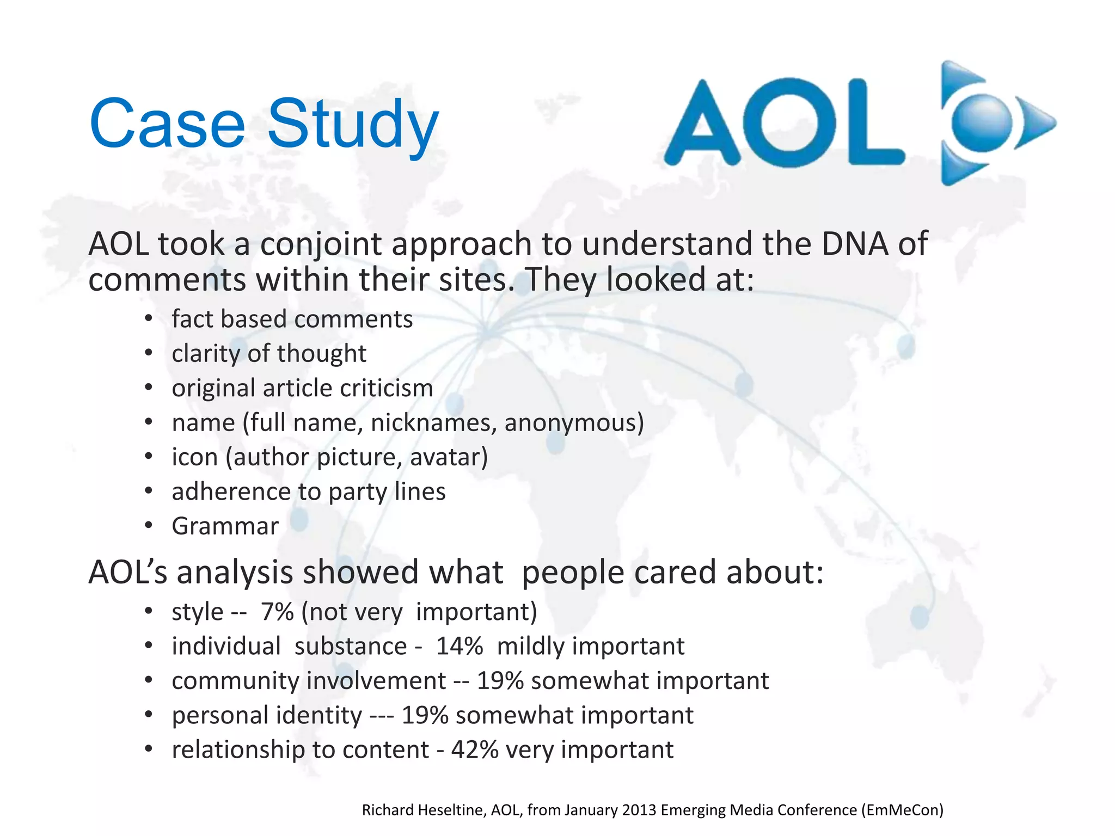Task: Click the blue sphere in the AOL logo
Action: pyautogui.click(x=982, y=123)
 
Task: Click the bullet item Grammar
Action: pyautogui.click(x=225, y=526)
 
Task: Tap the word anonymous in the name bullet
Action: pyautogui.click(x=574, y=423)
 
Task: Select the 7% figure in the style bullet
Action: pyautogui.click(x=277, y=612)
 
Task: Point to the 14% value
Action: pyautogui.click(x=459, y=647)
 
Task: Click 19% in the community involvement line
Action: pyautogui.click(x=500, y=681)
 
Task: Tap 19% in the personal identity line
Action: pyautogui.click(x=425, y=716)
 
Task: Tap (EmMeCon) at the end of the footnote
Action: pyautogui.click(x=902, y=810)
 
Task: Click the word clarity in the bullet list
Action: pyautogui.click(x=206, y=354)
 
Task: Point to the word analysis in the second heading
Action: pyautogui.click(x=235, y=573)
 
